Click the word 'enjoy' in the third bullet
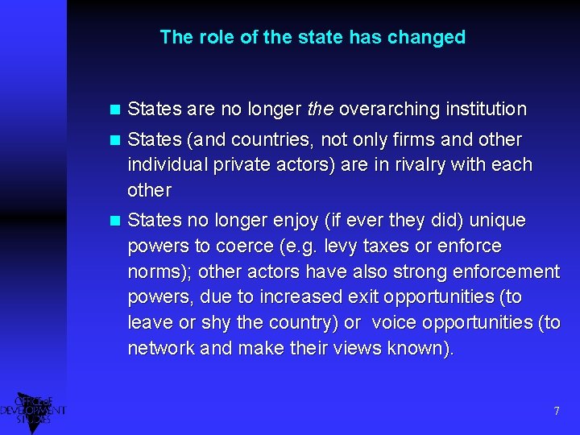pos(279,220)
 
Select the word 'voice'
pos(395,323)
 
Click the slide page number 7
pos(556,412)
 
